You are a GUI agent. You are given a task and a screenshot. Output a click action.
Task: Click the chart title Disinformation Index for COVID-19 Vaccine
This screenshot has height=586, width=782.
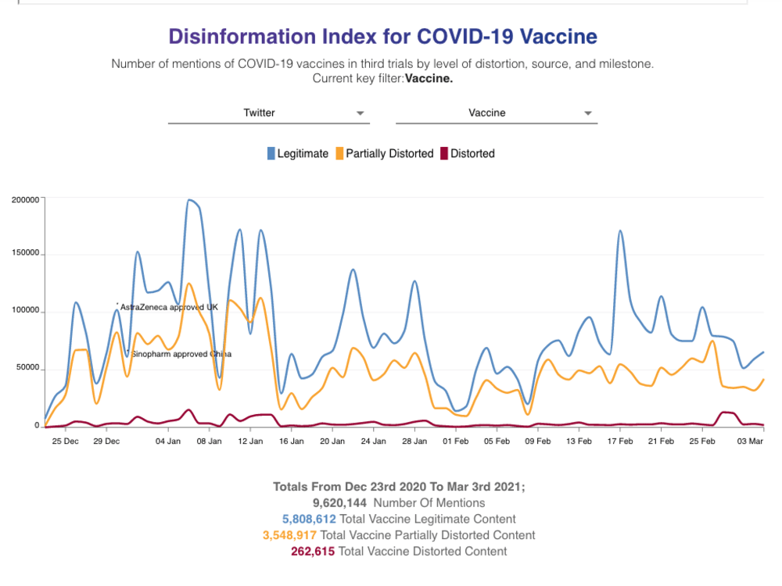[x=382, y=37]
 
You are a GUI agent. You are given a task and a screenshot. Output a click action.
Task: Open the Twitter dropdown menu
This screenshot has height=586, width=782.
[x=268, y=113]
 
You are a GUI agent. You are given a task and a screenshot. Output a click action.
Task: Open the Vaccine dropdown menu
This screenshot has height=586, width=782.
[x=496, y=113]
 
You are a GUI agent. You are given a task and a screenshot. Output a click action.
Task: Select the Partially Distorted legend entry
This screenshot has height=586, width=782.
[x=384, y=154]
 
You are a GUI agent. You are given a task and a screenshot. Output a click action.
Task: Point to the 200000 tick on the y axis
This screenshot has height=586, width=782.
[x=25, y=200]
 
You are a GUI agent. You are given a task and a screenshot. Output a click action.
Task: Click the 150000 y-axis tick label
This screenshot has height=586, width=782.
[x=25, y=255]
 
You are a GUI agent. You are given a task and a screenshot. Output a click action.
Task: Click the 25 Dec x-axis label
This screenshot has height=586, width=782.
[x=65, y=441]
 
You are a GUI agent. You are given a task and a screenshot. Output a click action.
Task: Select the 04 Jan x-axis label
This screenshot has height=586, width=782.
[x=168, y=441]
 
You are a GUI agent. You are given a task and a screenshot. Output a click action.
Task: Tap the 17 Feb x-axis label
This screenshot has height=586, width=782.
[x=620, y=441]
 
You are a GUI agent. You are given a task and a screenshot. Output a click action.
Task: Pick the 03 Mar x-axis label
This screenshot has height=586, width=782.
[x=752, y=441]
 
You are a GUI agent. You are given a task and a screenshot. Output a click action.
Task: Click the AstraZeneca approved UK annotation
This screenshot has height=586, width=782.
[x=168, y=308]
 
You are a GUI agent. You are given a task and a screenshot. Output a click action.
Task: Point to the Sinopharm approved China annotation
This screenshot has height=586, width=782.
[x=181, y=354]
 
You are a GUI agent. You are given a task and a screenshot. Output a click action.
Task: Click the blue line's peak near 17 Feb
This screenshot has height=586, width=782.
[x=620, y=231]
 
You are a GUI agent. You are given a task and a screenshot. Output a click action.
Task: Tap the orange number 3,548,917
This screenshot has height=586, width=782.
[x=289, y=535]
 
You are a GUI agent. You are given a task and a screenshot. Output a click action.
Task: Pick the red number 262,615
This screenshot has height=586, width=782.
[x=313, y=552]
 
